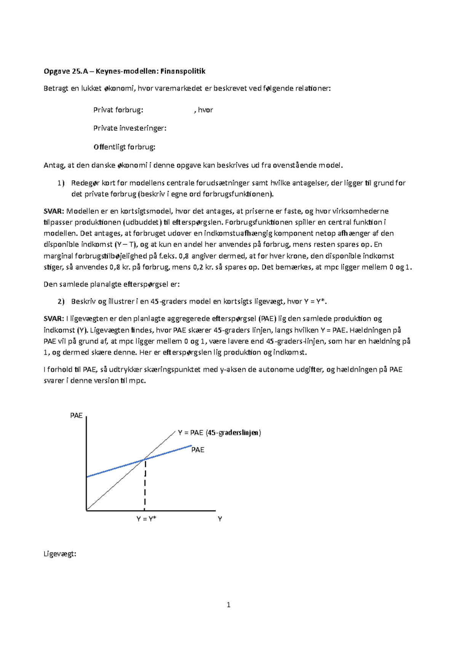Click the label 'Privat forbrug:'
118,110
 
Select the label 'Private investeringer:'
130,128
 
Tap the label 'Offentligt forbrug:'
124,147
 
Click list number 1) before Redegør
61,183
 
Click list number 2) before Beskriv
61,302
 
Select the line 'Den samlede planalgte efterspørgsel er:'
112,284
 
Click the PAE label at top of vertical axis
76,416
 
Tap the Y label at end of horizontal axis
220,519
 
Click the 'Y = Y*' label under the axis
146,519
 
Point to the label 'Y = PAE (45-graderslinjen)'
219,433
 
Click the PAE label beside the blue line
198,450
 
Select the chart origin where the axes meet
87,510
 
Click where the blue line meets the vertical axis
87,477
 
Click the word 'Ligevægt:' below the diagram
60,554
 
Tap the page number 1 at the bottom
228,605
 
